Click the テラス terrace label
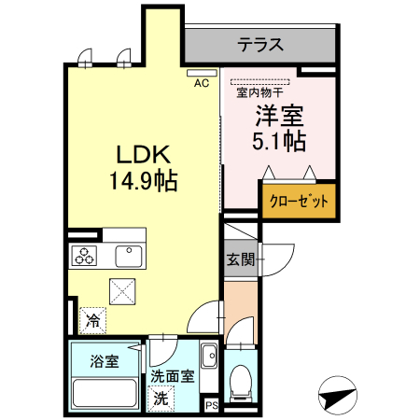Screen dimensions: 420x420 (260, 45)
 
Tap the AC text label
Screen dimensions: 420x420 (202, 83)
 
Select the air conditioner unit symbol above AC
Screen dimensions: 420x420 (202, 73)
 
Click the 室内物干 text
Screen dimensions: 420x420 (259, 92)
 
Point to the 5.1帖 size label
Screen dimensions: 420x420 (279, 141)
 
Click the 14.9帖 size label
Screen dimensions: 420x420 (144, 181)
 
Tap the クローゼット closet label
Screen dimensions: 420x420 (299, 201)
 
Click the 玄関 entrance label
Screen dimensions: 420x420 (241, 259)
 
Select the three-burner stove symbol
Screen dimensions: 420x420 (84, 256)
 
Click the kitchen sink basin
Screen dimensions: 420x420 (129, 256)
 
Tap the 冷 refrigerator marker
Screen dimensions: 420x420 (92, 320)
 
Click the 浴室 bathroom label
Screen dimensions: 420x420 (105, 361)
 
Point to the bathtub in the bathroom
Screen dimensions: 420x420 (105, 394)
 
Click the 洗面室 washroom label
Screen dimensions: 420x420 (173, 376)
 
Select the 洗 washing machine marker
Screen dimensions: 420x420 (161, 399)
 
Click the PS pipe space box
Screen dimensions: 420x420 (212, 406)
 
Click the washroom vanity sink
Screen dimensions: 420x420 (209, 356)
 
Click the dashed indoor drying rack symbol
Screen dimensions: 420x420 (259, 82)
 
